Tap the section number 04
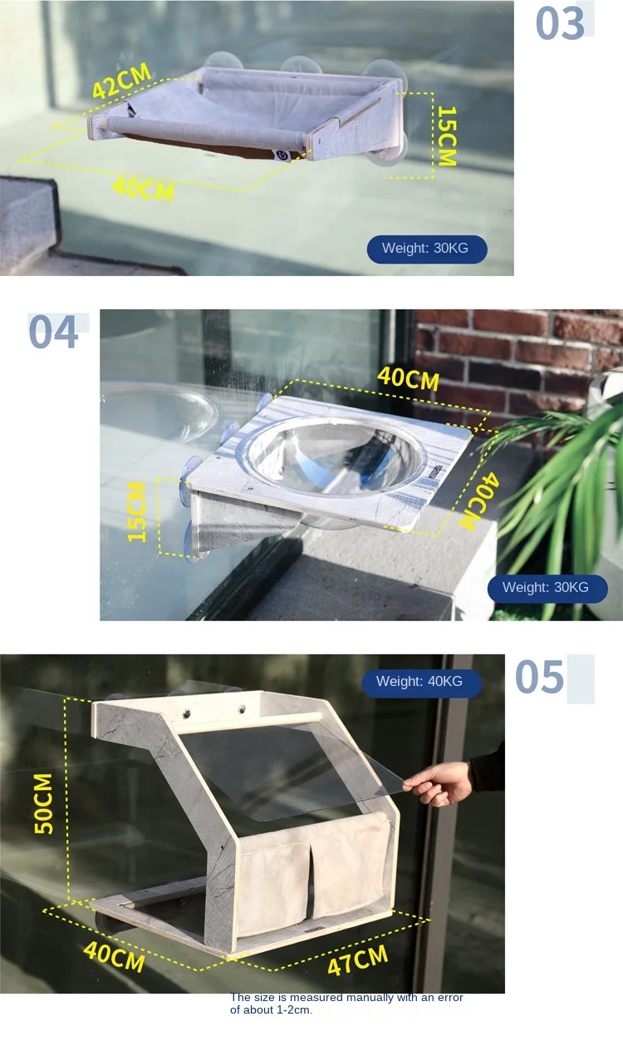coord(54,333)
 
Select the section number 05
coord(540,677)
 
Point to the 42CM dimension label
coord(122,81)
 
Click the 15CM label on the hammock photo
coord(447,136)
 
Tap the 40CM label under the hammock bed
coord(143,188)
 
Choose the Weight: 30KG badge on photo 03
coord(426,249)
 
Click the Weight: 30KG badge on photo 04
coord(546,588)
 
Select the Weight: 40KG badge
coord(420,682)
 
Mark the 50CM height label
coord(43,803)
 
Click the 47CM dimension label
coord(357,960)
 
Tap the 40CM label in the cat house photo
coord(115,957)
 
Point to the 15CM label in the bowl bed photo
coord(138,511)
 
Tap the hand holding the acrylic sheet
coord(440,783)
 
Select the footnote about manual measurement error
coord(346,1004)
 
